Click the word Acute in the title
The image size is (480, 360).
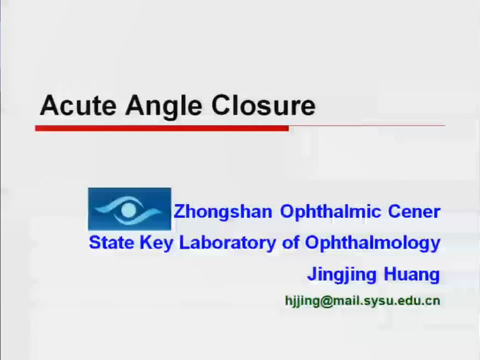click(x=78, y=105)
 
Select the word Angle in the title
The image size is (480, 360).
click(x=164, y=107)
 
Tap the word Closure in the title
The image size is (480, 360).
click(x=263, y=105)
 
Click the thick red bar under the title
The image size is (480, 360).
click(x=162, y=128)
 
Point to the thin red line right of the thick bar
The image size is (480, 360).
click(x=367, y=126)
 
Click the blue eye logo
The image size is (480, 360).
click(x=129, y=209)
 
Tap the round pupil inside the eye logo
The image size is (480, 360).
click(x=128, y=210)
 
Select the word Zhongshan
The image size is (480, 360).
click(x=223, y=213)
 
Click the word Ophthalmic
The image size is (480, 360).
click(x=330, y=213)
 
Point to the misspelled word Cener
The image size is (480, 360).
click(x=414, y=211)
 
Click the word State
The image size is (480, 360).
click(x=111, y=243)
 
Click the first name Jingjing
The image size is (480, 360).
click(x=342, y=275)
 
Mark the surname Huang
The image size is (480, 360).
click(x=412, y=275)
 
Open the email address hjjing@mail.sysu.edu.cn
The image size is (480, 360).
click(x=363, y=301)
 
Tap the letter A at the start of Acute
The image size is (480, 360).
click(x=49, y=105)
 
